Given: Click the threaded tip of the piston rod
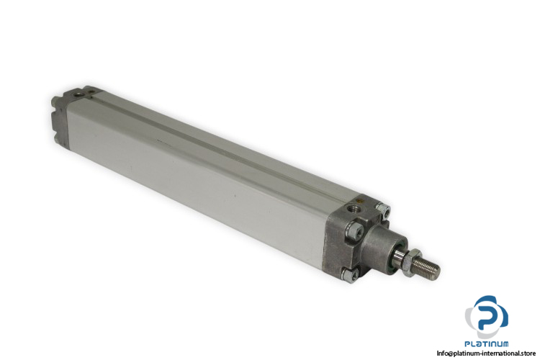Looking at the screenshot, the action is pos(427,267).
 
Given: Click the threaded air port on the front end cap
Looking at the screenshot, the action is pos(352,208).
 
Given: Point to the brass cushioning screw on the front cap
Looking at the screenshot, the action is pos(361,200).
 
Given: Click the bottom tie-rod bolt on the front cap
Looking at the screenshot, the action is pos(350,275).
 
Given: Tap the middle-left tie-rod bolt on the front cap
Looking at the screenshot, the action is pos(353,231).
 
